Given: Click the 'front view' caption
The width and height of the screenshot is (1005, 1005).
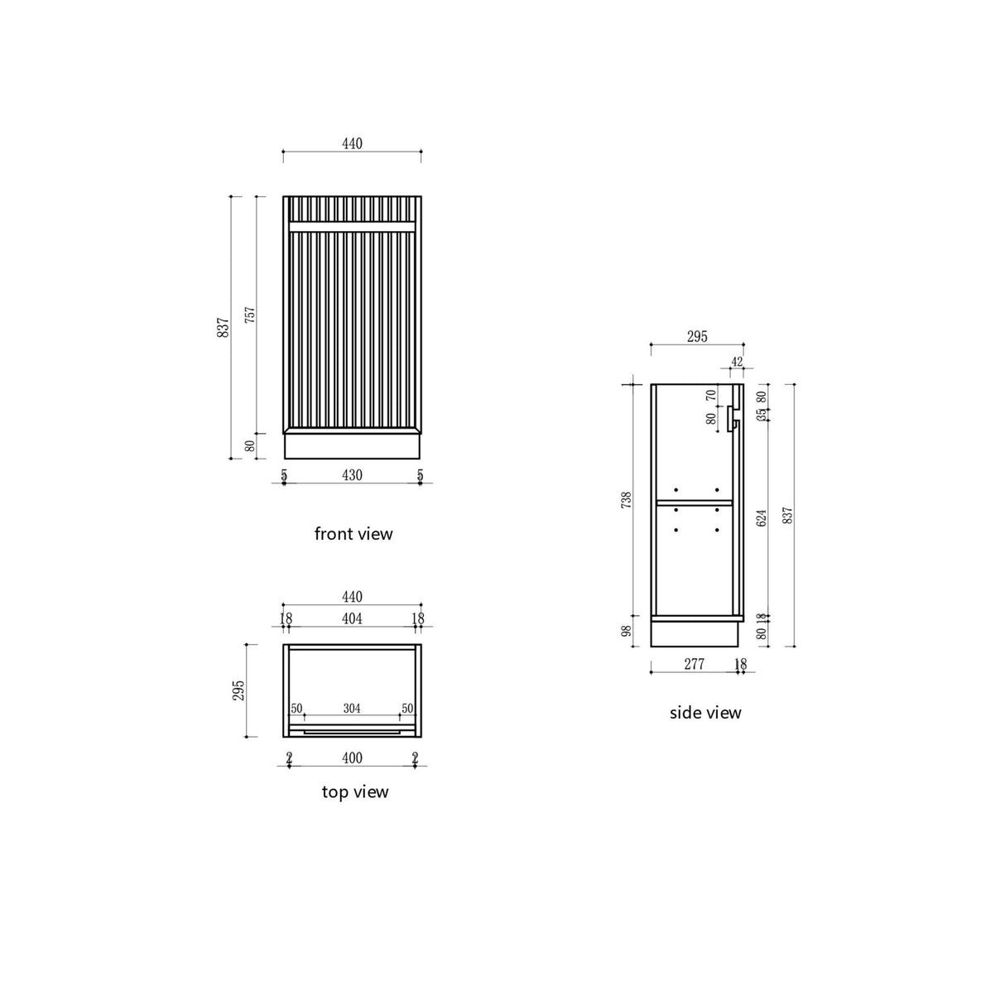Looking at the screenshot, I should pyautogui.click(x=353, y=534).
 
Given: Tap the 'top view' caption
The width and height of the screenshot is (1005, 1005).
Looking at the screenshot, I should pyautogui.click(x=354, y=792).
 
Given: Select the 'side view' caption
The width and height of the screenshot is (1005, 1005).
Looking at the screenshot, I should pyautogui.click(x=705, y=713).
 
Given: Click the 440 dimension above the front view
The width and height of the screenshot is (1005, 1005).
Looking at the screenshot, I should pyautogui.click(x=352, y=144).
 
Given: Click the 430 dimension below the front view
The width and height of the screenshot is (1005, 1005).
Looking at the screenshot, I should pyautogui.click(x=352, y=475).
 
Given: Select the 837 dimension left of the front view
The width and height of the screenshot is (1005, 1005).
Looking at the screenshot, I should pyautogui.click(x=223, y=328).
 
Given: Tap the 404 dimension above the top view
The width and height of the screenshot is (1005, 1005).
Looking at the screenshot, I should pyautogui.click(x=352, y=618).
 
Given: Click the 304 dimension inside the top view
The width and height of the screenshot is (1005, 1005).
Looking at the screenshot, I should pyautogui.click(x=352, y=709).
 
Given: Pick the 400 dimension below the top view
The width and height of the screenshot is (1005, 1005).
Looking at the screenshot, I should pyautogui.click(x=352, y=758).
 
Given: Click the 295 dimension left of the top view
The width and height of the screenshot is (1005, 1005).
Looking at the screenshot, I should pyautogui.click(x=239, y=690).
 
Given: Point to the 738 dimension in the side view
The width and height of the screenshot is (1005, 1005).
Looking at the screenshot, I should pyautogui.click(x=627, y=500).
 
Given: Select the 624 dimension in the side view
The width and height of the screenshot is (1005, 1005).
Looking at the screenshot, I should pyautogui.click(x=762, y=517).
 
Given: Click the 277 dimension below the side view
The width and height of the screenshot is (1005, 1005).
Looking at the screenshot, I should pyautogui.click(x=694, y=664).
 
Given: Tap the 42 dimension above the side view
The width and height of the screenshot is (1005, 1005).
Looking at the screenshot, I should pyautogui.click(x=737, y=362).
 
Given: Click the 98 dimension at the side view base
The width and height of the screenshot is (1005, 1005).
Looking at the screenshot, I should pyautogui.click(x=627, y=631).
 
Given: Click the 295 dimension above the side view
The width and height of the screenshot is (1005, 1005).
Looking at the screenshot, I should pyautogui.click(x=697, y=337).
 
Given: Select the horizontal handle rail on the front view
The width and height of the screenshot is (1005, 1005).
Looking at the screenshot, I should pyautogui.click(x=352, y=226).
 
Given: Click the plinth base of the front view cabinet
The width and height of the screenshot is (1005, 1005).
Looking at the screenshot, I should pyautogui.click(x=352, y=446).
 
